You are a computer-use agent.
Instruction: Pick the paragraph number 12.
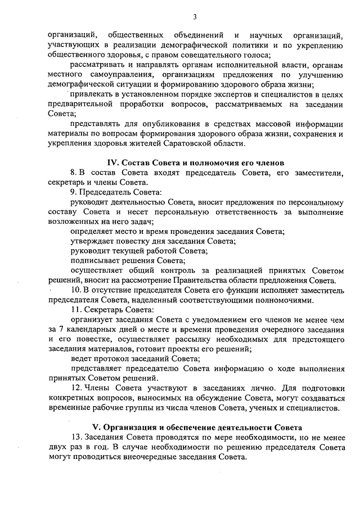tap(75, 388)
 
